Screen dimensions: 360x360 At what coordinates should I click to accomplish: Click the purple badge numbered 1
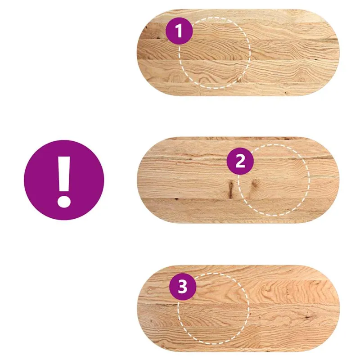pos(179,31)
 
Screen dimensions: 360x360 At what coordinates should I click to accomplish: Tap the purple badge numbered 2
pos(240,161)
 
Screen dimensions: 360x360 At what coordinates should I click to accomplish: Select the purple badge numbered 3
pos(183,287)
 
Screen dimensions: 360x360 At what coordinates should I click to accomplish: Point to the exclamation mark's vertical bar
pos(64,174)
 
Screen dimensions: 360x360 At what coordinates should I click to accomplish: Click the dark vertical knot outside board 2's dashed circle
pos(230,189)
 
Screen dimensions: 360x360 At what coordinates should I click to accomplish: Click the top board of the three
pos(238,53)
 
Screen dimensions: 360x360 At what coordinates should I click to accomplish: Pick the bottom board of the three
pos(238,308)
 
